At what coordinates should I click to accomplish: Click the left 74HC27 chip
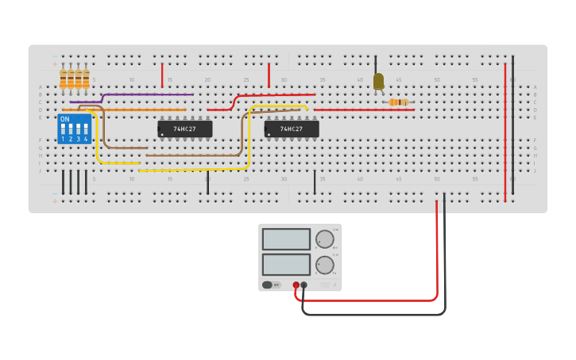[185, 129]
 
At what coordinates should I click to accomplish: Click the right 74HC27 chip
[292, 129]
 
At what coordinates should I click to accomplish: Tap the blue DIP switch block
[74, 129]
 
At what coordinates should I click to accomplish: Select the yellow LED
[378, 81]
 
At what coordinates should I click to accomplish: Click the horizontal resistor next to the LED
[398, 102]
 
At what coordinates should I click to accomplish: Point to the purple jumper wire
[147, 95]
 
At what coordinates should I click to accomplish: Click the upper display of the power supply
[286, 239]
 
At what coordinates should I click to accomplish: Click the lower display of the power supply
[286, 265]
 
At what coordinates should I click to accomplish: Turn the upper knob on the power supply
[324, 239]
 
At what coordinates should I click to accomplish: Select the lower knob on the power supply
[324, 265]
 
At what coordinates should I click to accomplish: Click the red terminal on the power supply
[296, 285]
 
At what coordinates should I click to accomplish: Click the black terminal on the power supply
[303, 285]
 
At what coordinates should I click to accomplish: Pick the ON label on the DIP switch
[65, 119]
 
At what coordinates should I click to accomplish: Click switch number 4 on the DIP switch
[86, 130]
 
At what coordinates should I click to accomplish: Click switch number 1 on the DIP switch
[64, 130]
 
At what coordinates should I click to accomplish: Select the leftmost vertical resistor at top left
[63, 78]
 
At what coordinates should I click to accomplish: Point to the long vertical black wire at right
[512, 119]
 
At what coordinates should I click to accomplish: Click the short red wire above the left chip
[162, 75]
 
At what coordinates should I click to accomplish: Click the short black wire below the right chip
[315, 182]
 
